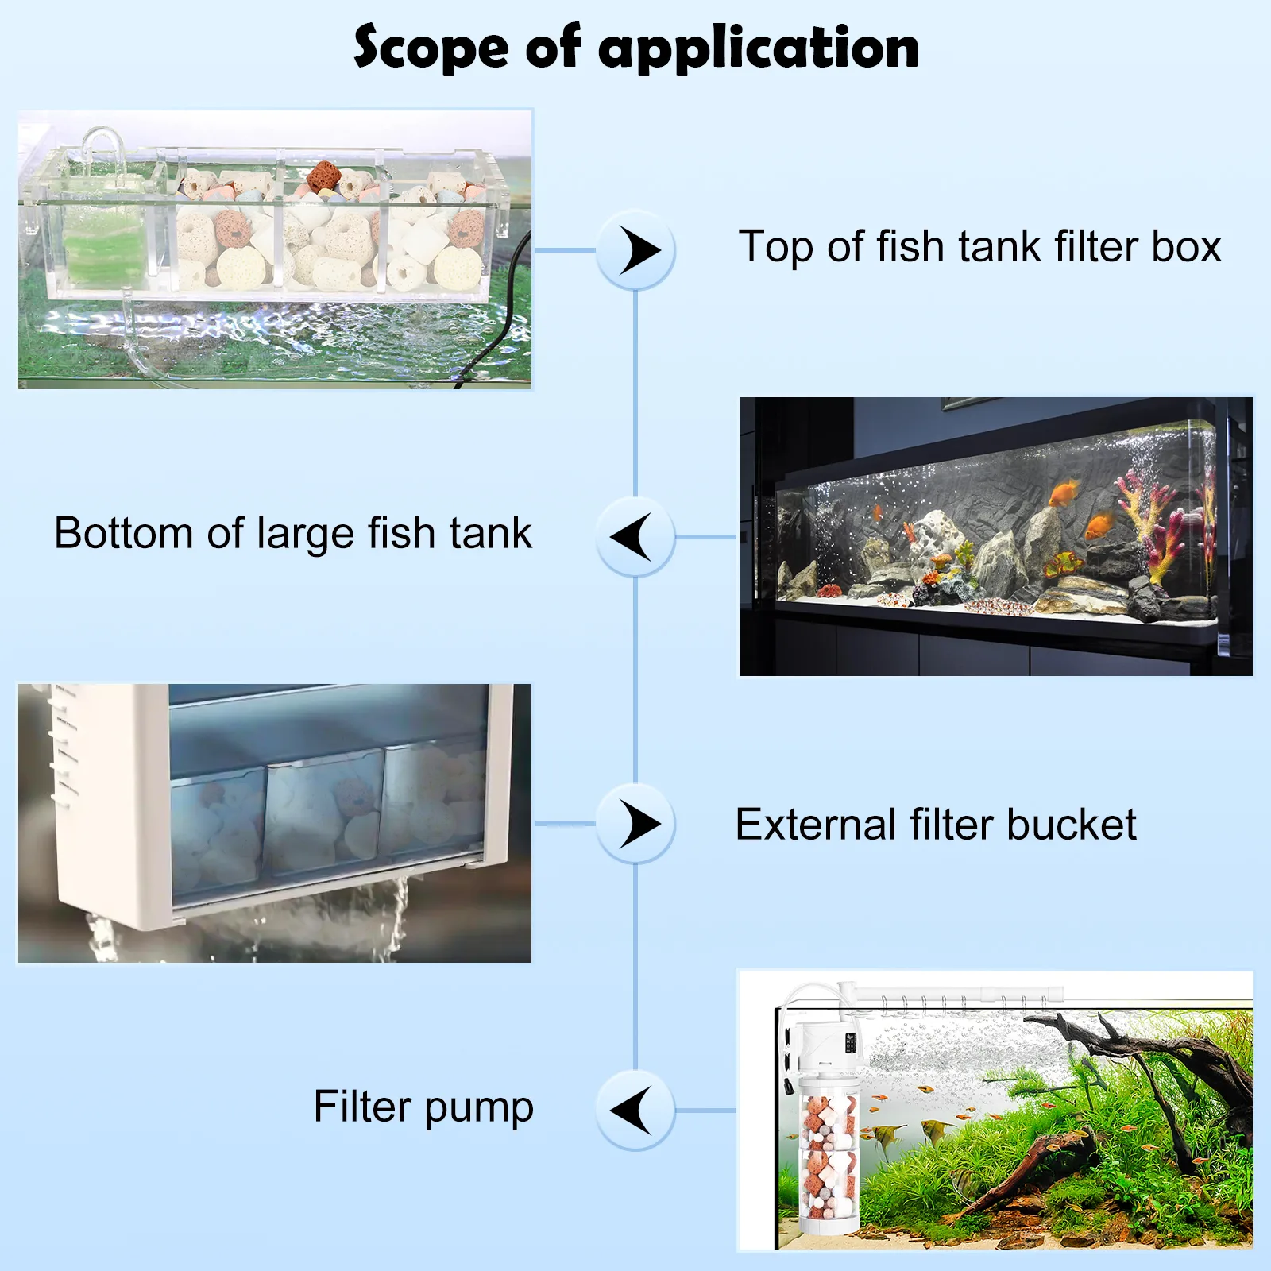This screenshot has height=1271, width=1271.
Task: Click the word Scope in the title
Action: (x=431, y=48)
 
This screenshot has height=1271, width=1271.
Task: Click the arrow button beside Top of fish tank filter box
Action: (x=635, y=250)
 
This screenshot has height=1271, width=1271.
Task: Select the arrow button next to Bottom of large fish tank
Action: (x=635, y=537)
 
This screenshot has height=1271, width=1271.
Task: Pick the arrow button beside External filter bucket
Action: (x=635, y=824)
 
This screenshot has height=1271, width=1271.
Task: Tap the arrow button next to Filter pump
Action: (x=635, y=1111)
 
